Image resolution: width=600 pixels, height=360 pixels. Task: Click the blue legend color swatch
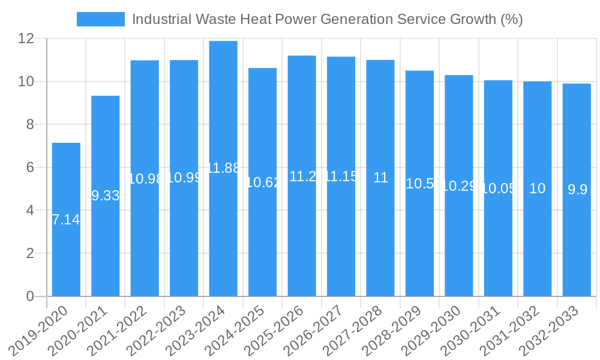(100, 19)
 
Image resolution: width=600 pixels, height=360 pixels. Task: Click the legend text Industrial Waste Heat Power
(327, 19)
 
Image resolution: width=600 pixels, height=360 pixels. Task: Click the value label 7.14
(66, 220)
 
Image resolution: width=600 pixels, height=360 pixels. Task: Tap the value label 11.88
(223, 168)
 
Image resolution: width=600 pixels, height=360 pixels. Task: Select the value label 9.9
(577, 190)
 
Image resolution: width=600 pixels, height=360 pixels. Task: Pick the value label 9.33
(106, 196)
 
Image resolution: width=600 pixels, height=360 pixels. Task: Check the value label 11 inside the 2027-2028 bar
(380, 178)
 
